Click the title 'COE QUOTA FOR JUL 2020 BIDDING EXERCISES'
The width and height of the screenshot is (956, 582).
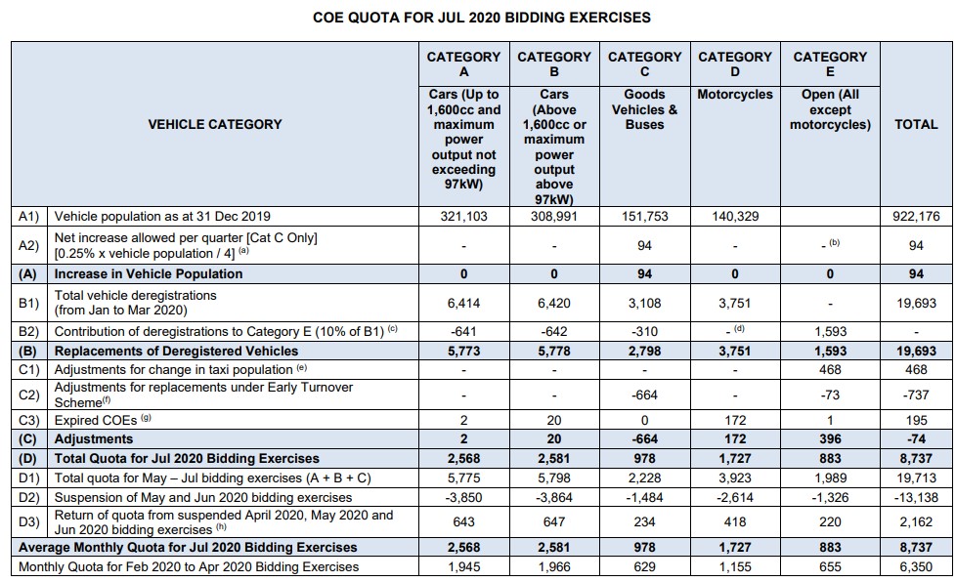pyautogui.click(x=482, y=18)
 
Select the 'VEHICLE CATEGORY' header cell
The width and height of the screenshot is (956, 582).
pyautogui.click(x=215, y=124)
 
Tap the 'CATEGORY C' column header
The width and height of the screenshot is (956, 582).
pyautogui.click(x=644, y=63)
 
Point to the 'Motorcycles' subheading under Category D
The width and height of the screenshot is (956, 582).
pyautogui.click(x=735, y=95)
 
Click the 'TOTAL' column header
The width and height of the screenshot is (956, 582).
pyautogui.click(x=916, y=124)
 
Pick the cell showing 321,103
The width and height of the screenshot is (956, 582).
pyautogui.click(x=464, y=216)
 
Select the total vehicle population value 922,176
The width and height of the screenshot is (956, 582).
pyautogui.click(x=916, y=216)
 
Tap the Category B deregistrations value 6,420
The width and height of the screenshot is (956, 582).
pyautogui.click(x=554, y=303)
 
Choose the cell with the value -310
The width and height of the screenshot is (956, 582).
pyautogui.click(x=644, y=332)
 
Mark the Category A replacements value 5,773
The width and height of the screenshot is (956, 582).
pyautogui.click(x=464, y=352)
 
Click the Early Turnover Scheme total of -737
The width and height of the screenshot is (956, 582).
pyautogui.click(x=916, y=395)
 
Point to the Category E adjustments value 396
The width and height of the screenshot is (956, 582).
pyautogui.click(x=830, y=438)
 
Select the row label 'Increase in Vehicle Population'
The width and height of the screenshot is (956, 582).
pyautogui.click(x=149, y=274)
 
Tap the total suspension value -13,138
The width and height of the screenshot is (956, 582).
pyautogui.click(x=916, y=497)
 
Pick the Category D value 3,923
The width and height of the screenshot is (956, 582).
pyautogui.click(x=735, y=478)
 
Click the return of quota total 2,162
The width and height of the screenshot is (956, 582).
pyautogui.click(x=916, y=521)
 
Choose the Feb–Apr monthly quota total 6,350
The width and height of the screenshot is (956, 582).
pyautogui.click(x=916, y=566)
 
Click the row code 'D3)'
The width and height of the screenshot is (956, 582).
pyautogui.click(x=28, y=521)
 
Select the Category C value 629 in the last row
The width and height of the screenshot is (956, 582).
pyautogui.click(x=644, y=566)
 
